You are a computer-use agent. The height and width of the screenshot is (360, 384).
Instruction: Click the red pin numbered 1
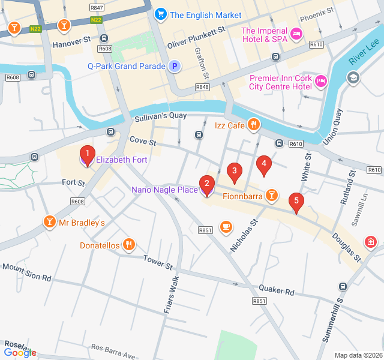[87, 154]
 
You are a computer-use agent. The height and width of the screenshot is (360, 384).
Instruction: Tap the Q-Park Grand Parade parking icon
[175, 66]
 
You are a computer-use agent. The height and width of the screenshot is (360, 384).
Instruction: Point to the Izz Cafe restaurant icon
[254, 125]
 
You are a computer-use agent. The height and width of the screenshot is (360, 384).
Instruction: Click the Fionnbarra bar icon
[272, 196]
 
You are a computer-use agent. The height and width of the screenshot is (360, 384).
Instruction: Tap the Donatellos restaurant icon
[128, 245]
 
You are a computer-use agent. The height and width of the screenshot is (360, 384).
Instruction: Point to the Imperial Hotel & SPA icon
[295, 35]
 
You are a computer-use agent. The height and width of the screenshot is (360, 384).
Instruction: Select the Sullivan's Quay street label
[160, 116]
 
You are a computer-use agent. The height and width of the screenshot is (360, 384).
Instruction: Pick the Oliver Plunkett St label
[196, 36]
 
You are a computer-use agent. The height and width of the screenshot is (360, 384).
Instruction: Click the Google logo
[20, 352]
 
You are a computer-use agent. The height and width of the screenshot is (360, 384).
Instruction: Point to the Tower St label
[158, 262]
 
